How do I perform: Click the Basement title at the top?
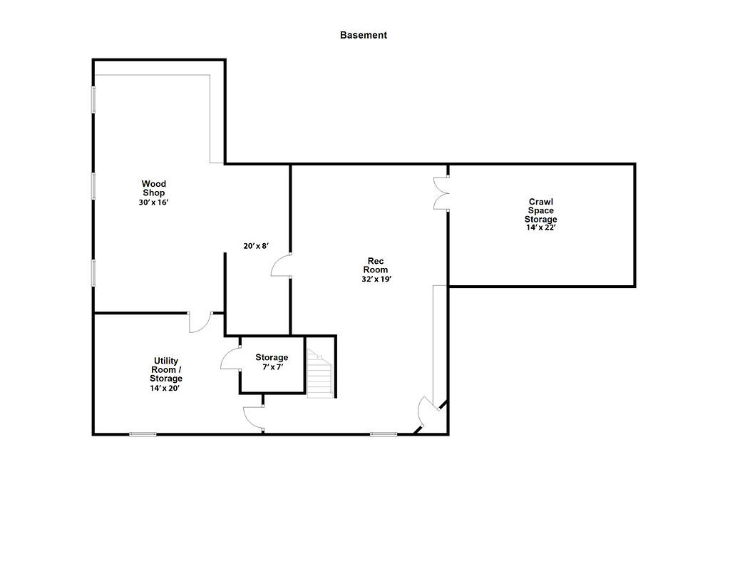(363, 35)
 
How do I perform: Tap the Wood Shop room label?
(153, 188)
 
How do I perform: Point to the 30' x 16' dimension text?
(153, 202)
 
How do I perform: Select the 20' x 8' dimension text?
(257, 246)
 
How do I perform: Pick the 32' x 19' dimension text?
(376, 280)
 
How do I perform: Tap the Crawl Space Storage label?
(541, 210)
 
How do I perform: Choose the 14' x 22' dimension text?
(541, 227)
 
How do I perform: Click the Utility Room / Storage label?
(165, 369)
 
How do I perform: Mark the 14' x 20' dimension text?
(165, 388)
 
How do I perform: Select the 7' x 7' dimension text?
(272, 367)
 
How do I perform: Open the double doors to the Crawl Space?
(441, 193)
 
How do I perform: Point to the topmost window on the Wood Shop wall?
(93, 99)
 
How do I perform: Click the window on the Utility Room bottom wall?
(143, 434)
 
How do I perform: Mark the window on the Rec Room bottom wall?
(384, 434)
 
